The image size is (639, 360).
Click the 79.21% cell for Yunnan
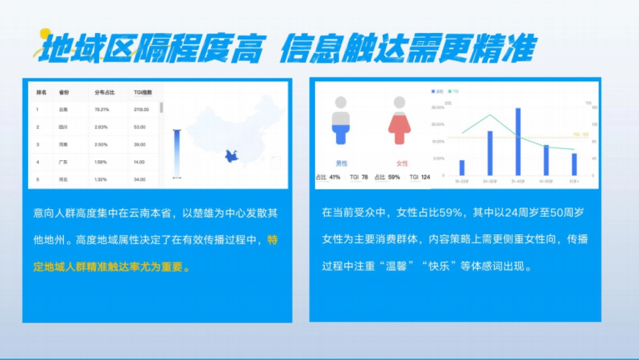[x=102, y=110]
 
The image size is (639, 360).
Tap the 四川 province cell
[x=63, y=127]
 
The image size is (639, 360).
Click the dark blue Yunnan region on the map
[x=231, y=157]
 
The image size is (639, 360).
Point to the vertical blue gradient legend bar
[x=177, y=154]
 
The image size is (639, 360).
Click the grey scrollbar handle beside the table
[x=161, y=107]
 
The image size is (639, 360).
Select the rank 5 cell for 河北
[x=38, y=179]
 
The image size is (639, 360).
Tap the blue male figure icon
[x=341, y=121]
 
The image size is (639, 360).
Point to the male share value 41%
[x=334, y=177]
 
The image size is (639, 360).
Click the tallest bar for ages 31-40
[x=518, y=142]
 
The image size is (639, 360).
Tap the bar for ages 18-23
[x=462, y=167]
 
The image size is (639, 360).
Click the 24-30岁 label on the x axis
[x=490, y=182]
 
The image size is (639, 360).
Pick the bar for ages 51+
[x=574, y=164]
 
